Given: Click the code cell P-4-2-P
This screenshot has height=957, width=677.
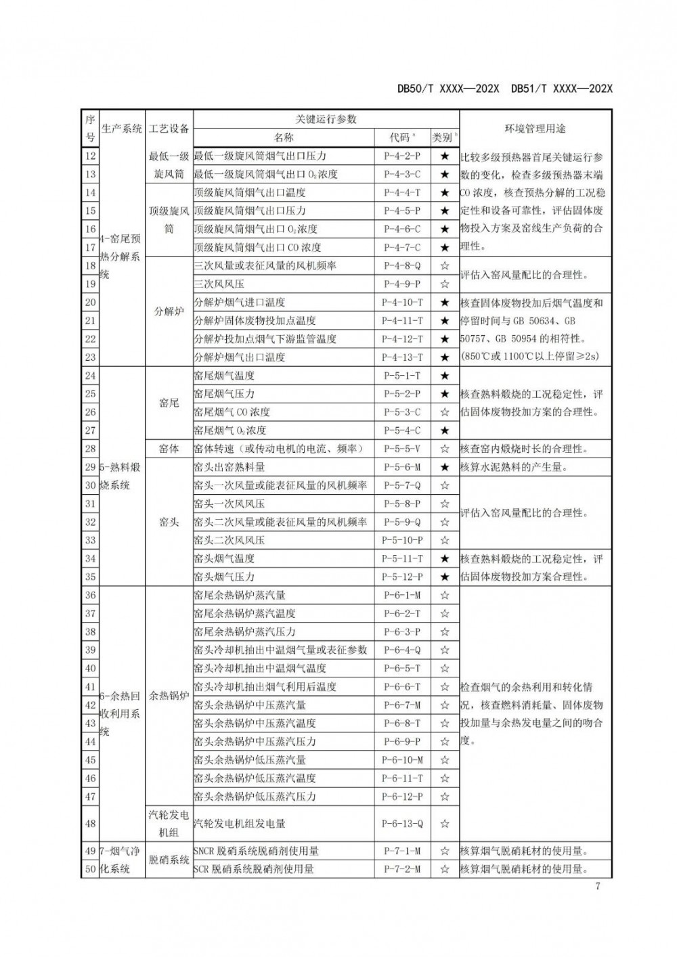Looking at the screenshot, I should [402, 156].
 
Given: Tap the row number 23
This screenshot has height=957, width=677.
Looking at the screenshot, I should [90, 357].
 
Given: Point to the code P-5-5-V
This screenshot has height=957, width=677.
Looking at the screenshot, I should [402, 449].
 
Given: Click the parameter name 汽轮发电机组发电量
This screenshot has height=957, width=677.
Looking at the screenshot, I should [240, 824].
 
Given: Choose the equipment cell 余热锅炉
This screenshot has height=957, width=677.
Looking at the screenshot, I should [169, 696].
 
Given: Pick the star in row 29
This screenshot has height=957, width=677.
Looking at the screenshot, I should [445, 467].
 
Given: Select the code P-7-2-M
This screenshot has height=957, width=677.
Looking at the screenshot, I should [402, 870].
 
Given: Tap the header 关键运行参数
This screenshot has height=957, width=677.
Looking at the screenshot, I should [326, 119].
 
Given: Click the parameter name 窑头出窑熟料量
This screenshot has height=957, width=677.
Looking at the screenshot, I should [230, 467].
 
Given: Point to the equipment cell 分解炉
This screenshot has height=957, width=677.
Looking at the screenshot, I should [169, 312].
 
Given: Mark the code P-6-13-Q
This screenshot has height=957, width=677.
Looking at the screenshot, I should [402, 824].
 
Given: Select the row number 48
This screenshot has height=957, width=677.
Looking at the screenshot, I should [90, 824].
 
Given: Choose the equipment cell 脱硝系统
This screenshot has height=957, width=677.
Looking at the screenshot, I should [169, 860].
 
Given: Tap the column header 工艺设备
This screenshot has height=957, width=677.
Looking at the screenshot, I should [169, 128].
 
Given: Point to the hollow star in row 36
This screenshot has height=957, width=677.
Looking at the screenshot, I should [445, 596].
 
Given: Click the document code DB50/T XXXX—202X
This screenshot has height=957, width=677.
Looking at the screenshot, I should [448, 89].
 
